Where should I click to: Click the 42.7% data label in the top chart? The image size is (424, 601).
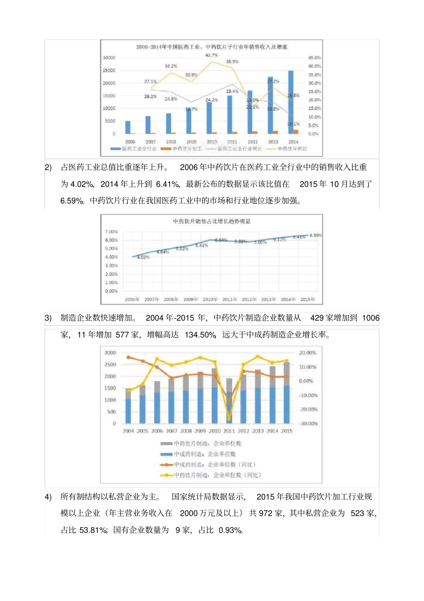pos(212,55)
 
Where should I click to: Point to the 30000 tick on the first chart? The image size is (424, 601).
pos(109,58)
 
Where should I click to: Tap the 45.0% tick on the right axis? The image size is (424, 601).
pos(314,58)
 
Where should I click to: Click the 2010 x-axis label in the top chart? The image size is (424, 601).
pos(212,142)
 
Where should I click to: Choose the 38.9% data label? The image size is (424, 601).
pos(232,62)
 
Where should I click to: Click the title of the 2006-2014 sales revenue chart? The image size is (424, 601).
pos(212,46)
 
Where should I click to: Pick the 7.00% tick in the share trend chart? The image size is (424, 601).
pos(112,231)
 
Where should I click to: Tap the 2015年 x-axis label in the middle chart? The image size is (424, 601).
pos(308,299)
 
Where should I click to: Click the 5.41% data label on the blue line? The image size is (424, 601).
pos(202,245)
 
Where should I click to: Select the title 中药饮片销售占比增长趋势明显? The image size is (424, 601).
pos(212,221)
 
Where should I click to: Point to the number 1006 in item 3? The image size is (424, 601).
pos(370,318)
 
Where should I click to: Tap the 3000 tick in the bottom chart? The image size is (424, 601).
pos(110,353)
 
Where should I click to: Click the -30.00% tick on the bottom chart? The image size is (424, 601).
pos(308,424)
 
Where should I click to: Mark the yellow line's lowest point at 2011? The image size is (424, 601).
pos(229,419)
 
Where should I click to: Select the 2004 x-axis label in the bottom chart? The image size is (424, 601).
pos(128,431)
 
